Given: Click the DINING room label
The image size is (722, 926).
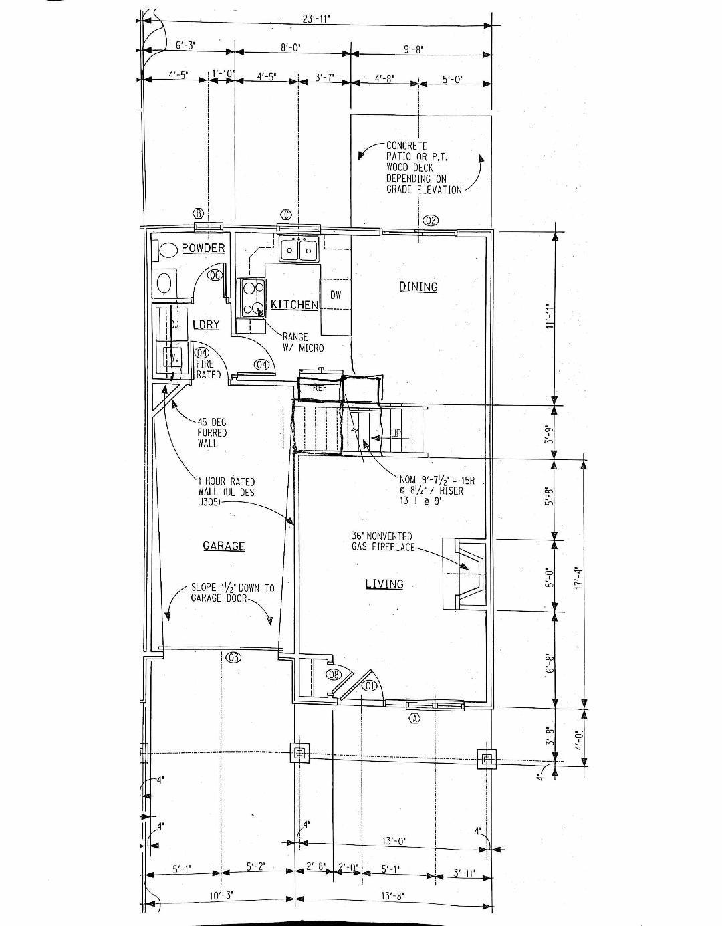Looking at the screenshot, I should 418,287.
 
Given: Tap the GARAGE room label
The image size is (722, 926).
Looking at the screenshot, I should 224,546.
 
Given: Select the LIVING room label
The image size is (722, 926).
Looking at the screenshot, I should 384,584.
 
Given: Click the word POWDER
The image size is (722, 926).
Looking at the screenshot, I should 203,248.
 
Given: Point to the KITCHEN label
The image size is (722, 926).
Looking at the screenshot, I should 294,305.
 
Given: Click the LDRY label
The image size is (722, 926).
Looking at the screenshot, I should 206,325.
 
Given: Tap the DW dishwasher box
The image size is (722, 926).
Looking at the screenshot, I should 336,295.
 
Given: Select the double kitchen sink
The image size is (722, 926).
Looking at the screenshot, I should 299,250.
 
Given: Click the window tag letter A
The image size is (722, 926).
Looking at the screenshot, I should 414,719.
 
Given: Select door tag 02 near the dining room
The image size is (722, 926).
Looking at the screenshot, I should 431,221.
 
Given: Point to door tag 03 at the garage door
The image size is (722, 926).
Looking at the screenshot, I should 233,657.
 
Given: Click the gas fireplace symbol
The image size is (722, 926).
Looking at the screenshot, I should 468,573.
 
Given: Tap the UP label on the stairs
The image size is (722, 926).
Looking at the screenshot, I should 396,433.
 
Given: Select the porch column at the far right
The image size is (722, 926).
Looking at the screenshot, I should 487,758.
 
